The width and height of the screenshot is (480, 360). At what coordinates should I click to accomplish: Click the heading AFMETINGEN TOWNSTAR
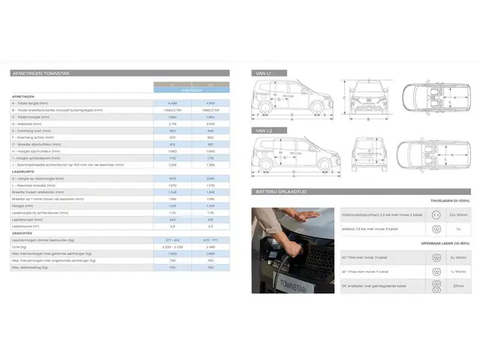coord(41,73)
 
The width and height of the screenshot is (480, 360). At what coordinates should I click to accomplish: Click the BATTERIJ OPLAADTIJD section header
coord(281,192)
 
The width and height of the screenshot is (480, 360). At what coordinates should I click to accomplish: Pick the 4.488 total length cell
coord(172,103)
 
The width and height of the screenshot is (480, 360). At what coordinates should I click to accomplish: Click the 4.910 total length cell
coord(210,103)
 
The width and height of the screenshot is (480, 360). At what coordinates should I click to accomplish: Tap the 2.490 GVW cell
coord(210,246)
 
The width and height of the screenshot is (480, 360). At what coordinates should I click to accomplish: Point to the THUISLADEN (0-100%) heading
coord(450,201)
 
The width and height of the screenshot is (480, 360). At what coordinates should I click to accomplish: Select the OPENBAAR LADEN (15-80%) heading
coord(447,243)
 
